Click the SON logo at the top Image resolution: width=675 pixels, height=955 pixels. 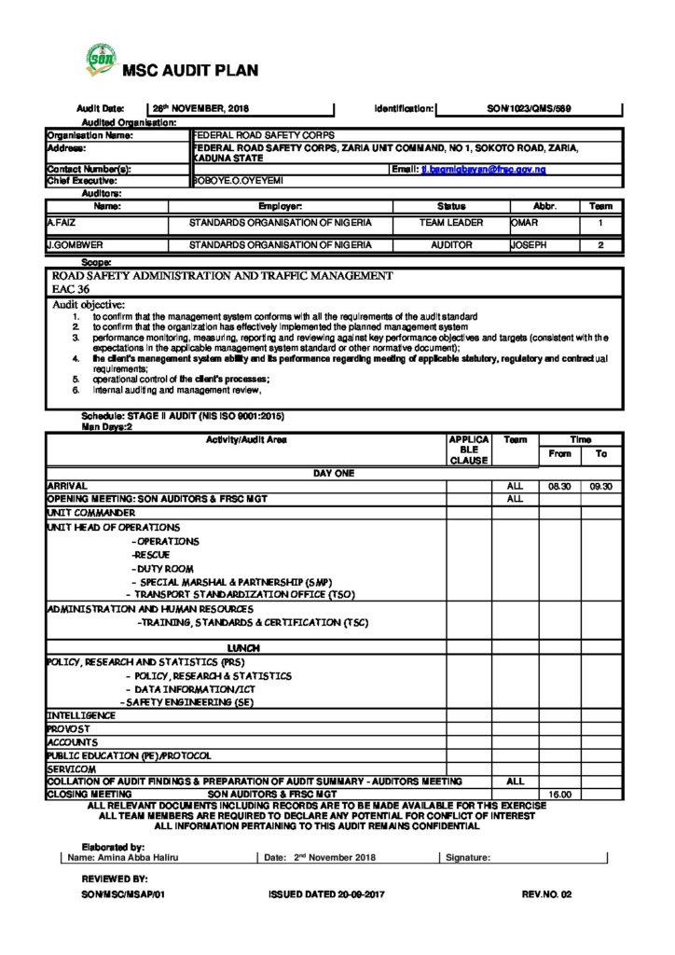click(100, 59)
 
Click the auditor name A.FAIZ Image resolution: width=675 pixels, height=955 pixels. click(62, 224)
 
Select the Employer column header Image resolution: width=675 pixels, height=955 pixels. click(280, 204)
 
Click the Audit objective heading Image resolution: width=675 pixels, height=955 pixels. click(89, 304)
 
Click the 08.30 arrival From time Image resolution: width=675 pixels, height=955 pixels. click(558, 487)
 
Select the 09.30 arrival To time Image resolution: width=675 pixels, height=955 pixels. click(601, 487)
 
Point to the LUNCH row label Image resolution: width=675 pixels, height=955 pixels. click(244, 647)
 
